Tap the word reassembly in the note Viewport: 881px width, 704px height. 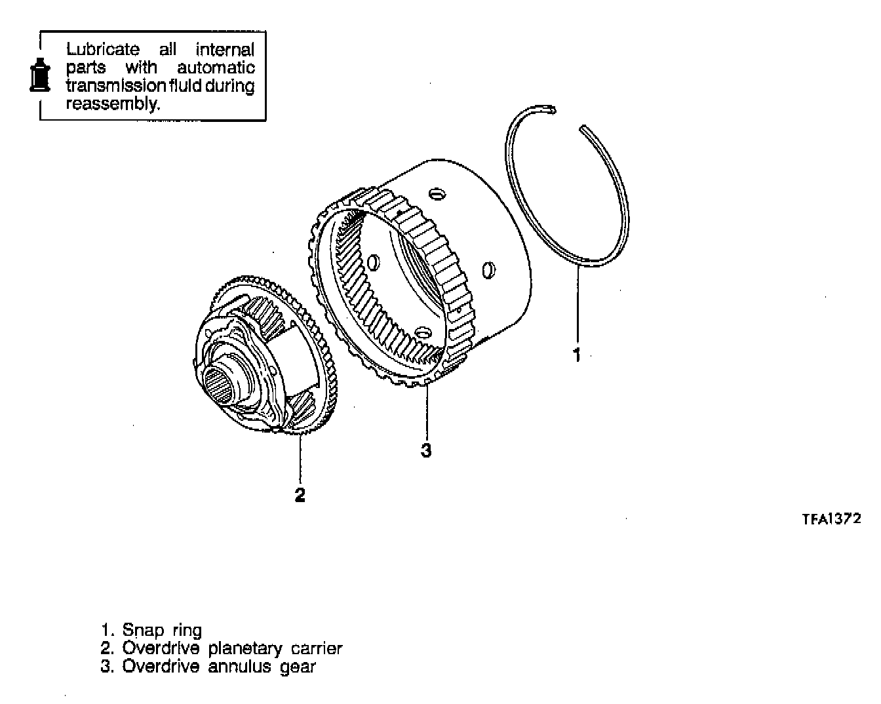tap(112, 104)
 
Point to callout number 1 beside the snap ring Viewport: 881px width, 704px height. tap(577, 355)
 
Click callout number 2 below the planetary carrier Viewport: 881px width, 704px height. tap(300, 494)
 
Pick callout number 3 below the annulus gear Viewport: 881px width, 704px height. tap(426, 450)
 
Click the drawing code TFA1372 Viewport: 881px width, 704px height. tap(831, 518)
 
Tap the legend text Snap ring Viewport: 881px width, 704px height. tap(161, 631)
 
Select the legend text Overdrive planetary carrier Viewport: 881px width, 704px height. tap(232, 649)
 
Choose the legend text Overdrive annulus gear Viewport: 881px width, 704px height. tap(219, 667)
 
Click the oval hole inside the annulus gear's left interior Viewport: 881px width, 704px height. tap(374, 263)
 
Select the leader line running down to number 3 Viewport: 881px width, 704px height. tap(427, 413)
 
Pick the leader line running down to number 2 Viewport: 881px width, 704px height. tap(300, 459)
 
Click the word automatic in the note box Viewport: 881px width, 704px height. tap(216, 68)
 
